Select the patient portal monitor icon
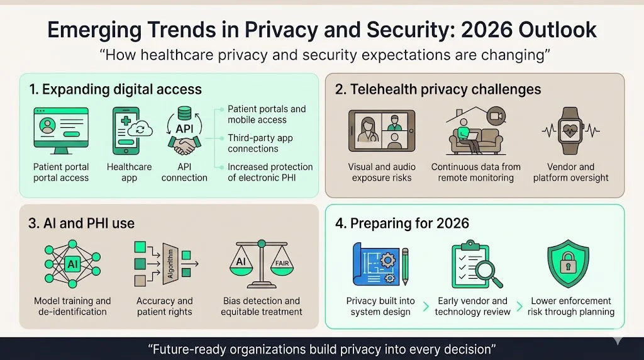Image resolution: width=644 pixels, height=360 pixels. click(x=61, y=130)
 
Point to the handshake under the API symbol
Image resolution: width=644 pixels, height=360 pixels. click(x=184, y=147)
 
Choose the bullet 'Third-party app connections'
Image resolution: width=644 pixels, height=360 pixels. click(x=260, y=143)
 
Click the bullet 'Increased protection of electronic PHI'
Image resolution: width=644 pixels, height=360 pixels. click(x=270, y=172)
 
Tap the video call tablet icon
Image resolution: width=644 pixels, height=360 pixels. click(x=381, y=131)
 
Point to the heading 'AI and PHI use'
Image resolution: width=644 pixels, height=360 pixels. click(x=82, y=223)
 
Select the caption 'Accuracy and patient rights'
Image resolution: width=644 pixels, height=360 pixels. click(x=165, y=307)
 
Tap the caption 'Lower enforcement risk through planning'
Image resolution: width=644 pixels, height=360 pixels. click(x=571, y=307)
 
